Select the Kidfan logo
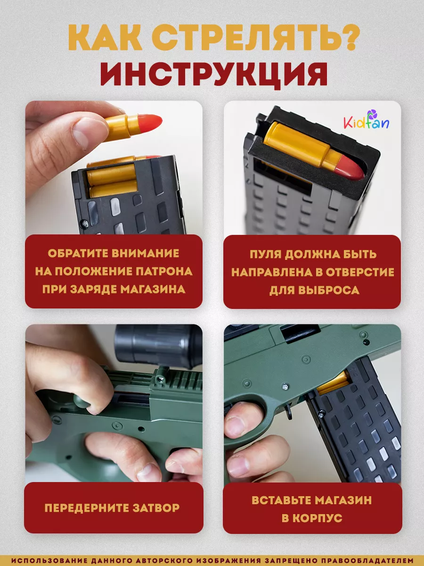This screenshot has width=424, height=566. (367, 120)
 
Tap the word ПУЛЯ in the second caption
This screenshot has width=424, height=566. (265, 254)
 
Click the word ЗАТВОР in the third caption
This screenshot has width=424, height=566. (156, 508)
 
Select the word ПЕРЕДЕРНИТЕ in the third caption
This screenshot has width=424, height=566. (87, 508)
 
